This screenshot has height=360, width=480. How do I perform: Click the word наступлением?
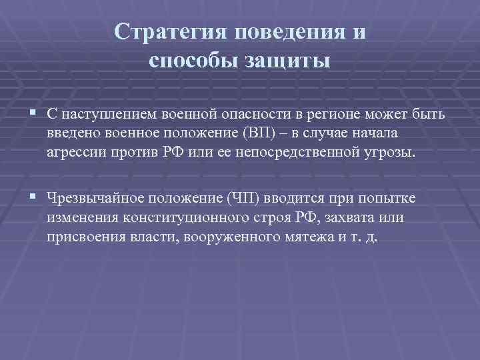113,115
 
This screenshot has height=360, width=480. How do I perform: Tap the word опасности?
262,115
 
